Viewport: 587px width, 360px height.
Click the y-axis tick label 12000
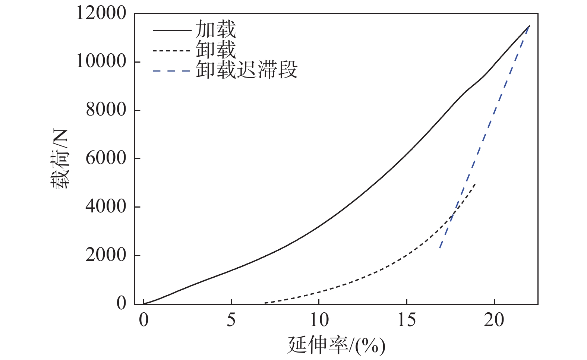(101, 13)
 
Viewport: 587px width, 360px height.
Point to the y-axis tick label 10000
(101, 61)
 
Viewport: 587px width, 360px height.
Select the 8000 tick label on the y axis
(106, 110)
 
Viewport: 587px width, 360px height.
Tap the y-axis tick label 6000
(106, 158)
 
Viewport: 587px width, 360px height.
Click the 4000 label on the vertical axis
(106, 206)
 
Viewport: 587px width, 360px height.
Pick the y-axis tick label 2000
(106, 255)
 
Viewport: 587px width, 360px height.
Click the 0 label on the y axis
(121, 303)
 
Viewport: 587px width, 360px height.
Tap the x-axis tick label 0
(144, 320)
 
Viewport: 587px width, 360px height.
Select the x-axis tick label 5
(231, 320)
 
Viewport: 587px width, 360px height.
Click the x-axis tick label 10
(319, 320)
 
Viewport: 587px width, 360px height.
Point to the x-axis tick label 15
(407, 320)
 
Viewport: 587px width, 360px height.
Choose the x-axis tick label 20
(494, 320)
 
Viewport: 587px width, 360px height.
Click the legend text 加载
(216, 29)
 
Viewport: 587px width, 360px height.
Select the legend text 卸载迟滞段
(247, 70)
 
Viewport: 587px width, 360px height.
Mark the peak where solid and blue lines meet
(529, 26)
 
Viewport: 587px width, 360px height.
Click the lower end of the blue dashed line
(440, 247)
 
